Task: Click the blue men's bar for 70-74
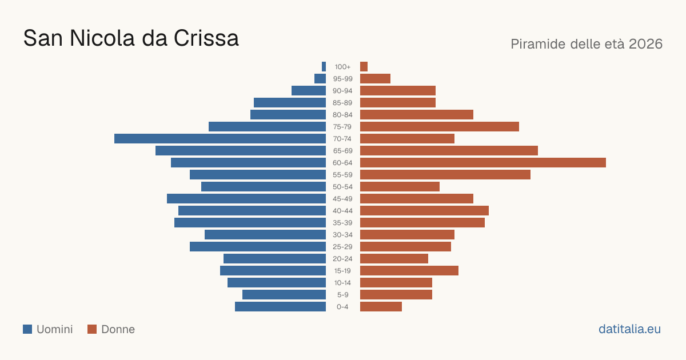(x=220, y=139)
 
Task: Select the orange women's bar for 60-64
(x=483, y=162)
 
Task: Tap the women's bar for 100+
(x=364, y=66)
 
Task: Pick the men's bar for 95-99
(x=320, y=79)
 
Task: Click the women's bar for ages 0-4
(x=381, y=307)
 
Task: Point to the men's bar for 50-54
(x=264, y=187)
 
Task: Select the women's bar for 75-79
(x=440, y=127)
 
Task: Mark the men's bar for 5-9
(x=284, y=295)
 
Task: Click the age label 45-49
(x=342, y=199)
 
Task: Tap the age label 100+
(x=342, y=67)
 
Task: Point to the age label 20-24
(x=342, y=259)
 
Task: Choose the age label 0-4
(x=342, y=307)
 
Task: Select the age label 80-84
(x=342, y=115)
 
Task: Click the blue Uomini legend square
(x=27, y=329)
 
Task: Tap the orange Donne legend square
(x=92, y=329)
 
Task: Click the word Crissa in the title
(x=206, y=38)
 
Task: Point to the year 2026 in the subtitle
(x=645, y=44)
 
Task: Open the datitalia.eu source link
(x=629, y=329)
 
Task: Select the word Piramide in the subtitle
(x=539, y=44)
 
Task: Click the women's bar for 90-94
(x=398, y=91)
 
